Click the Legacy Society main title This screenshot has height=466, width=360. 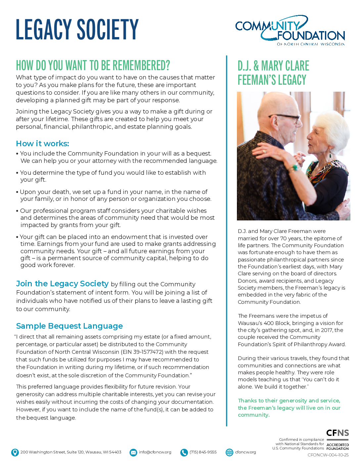[x=77, y=29]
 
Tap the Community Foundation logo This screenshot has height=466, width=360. [x=290, y=30]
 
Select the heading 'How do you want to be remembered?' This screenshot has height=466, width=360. [x=93, y=66]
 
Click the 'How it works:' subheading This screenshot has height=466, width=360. [x=42, y=144]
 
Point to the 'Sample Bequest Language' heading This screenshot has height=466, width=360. [x=69, y=326]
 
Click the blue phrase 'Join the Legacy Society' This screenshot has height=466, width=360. [x=62, y=284]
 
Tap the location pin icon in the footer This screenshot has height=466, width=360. [x=15, y=452]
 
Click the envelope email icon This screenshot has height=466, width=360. [x=133, y=452]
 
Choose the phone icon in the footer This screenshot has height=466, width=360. [x=184, y=452]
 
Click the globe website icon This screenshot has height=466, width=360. [x=229, y=452]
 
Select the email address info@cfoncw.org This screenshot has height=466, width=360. [x=155, y=452]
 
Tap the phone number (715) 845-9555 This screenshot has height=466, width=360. [x=203, y=452]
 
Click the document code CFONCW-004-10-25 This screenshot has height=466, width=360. [x=328, y=455]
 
